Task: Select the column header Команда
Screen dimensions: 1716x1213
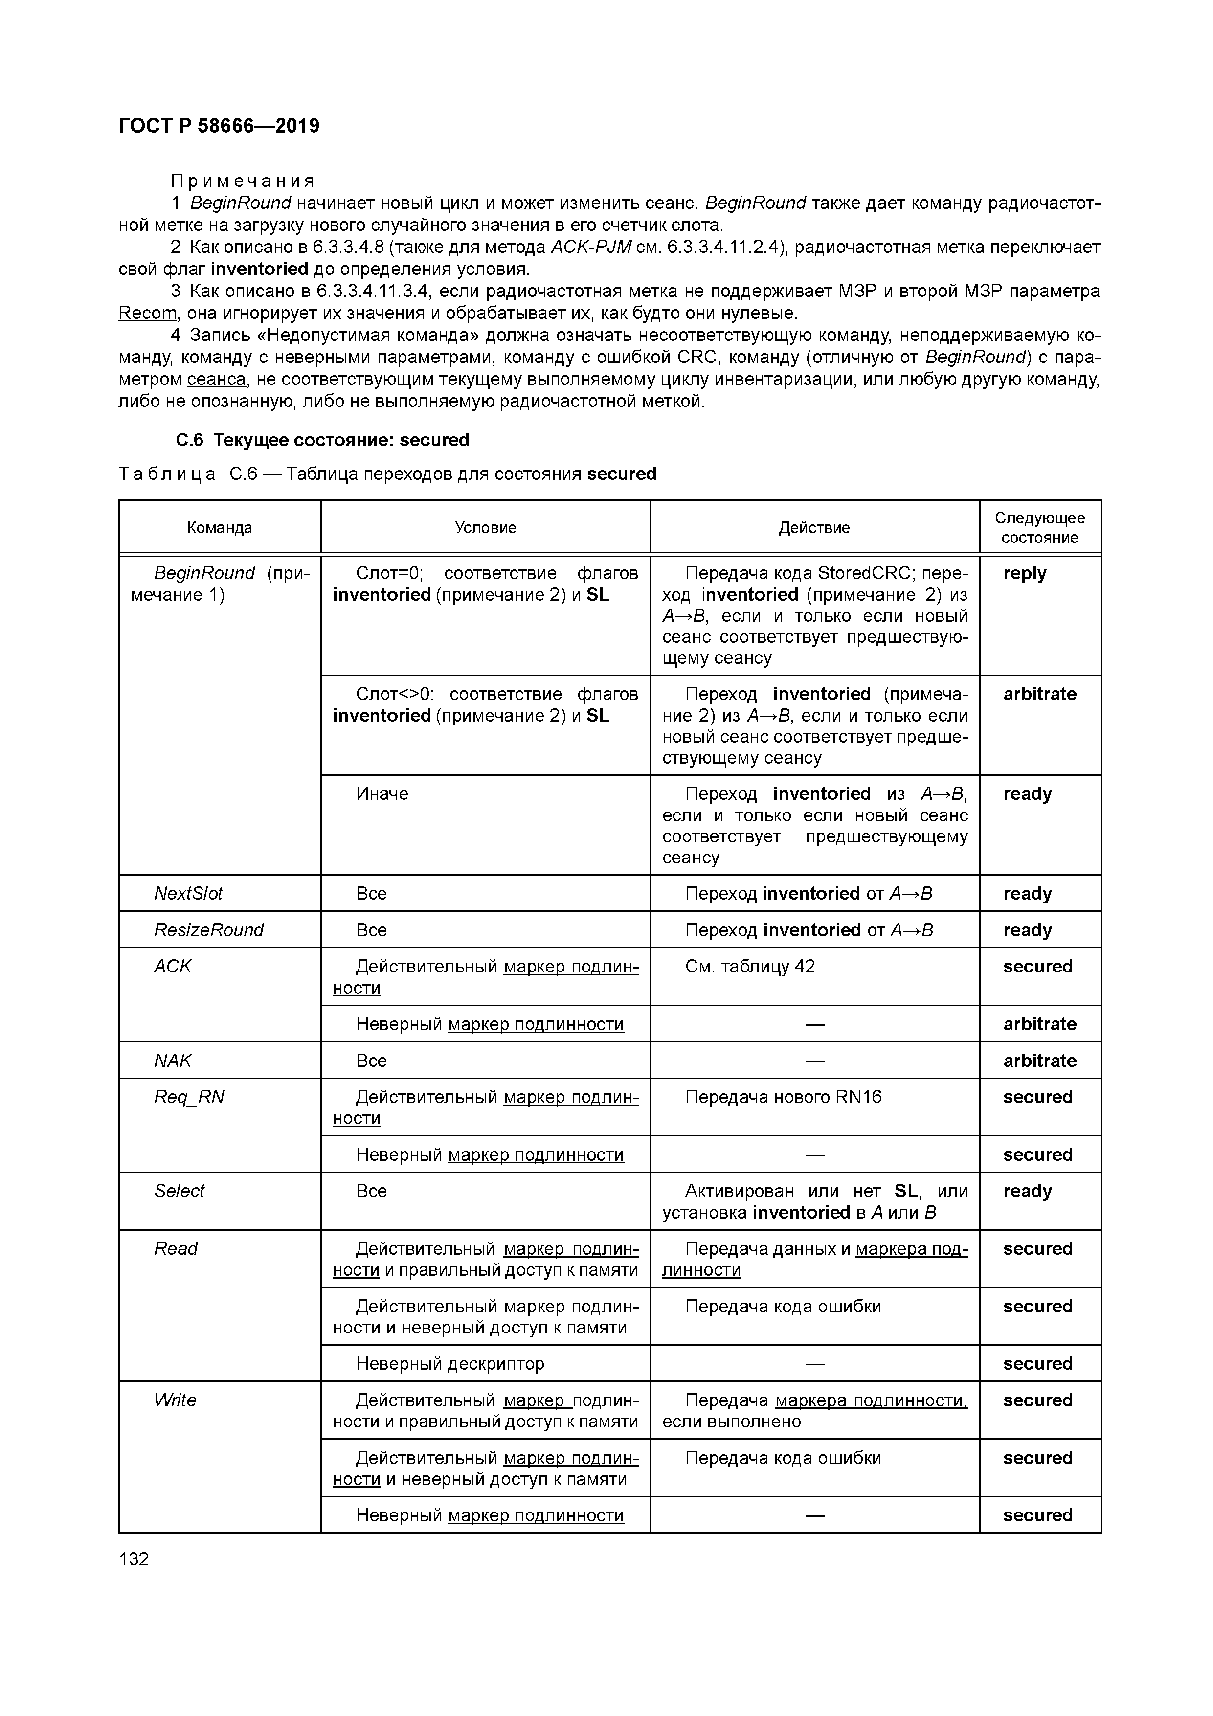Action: [219, 528]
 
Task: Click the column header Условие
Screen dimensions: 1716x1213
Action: [485, 528]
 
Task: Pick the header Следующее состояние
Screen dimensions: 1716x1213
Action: [1039, 528]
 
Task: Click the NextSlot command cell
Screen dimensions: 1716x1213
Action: [188, 893]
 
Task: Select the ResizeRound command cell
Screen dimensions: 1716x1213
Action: [208, 930]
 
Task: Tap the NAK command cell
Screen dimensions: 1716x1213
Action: [173, 1061]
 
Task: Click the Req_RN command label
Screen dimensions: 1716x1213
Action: [189, 1097]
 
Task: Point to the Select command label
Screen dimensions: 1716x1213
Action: [180, 1191]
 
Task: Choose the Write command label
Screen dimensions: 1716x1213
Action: [175, 1400]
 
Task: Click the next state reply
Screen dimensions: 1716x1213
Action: [1025, 573]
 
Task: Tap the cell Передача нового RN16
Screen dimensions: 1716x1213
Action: [783, 1097]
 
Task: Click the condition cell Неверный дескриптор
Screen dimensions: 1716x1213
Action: [450, 1363]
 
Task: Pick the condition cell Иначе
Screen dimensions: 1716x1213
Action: [382, 794]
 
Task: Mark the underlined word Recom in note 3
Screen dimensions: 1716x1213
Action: [147, 313]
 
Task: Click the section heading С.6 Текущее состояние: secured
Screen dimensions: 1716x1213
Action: [322, 440]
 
